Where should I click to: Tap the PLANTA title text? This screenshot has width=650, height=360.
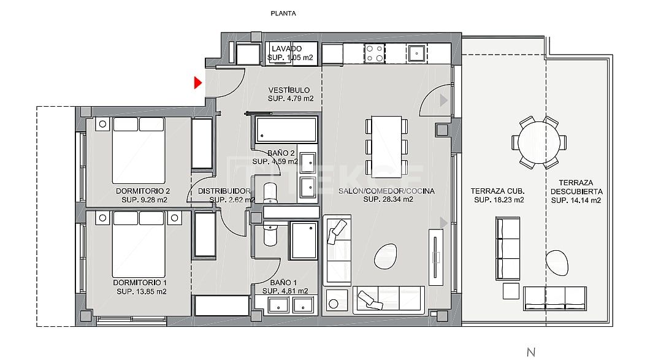point(283,13)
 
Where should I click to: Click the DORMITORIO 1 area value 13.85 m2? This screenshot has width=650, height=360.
point(142,292)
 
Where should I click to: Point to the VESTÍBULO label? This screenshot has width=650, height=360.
point(289,90)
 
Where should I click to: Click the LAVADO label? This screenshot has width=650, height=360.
point(287,48)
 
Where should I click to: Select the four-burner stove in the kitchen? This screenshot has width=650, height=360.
point(374,53)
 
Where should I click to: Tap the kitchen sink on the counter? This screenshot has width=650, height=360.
point(418,53)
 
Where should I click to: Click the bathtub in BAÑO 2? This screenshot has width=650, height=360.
point(286,130)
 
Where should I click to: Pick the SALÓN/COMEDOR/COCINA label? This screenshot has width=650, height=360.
point(386,191)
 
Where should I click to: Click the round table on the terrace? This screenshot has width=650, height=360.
point(538,142)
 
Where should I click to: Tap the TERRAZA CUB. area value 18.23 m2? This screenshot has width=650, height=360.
point(499,200)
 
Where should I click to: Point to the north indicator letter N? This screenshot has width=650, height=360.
point(531,352)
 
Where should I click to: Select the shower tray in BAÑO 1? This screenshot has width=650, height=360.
point(304,240)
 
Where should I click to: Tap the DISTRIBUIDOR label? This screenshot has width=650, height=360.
point(224,191)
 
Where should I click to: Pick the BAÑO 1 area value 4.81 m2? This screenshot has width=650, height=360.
point(285,291)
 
